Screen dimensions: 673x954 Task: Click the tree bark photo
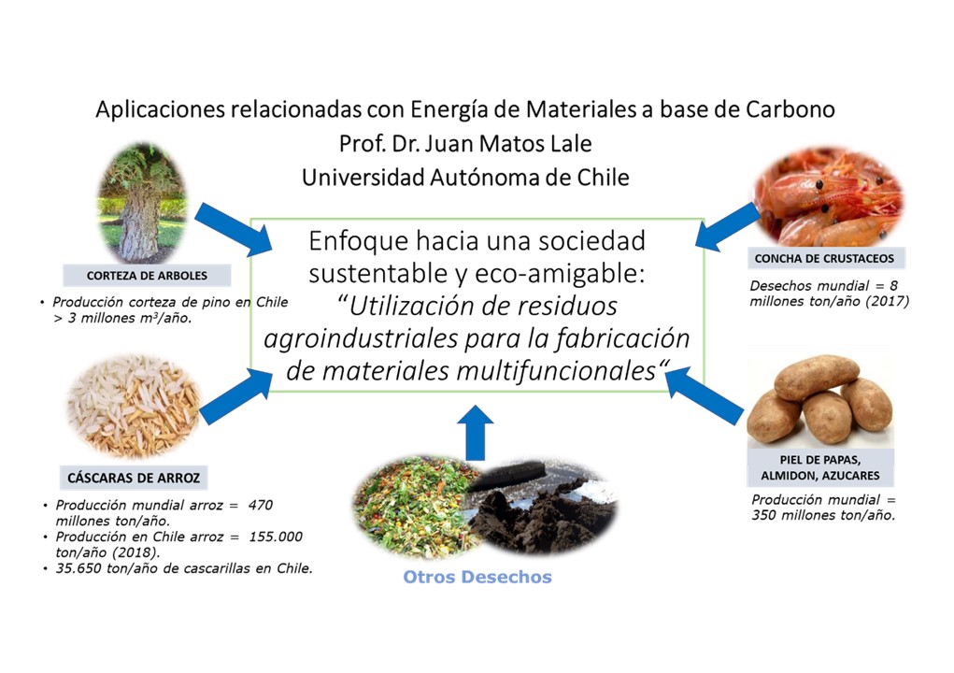coord(143,203)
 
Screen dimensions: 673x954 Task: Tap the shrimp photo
coord(828,198)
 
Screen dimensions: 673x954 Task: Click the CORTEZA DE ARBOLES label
coord(134,276)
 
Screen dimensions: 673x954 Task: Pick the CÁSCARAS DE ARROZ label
coord(134,478)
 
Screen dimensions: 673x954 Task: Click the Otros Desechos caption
coord(477,577)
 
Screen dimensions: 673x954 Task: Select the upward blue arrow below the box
coord(477,432)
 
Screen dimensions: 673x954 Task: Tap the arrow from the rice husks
coord(234,394)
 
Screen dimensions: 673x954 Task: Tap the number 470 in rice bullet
coord(262,505)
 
